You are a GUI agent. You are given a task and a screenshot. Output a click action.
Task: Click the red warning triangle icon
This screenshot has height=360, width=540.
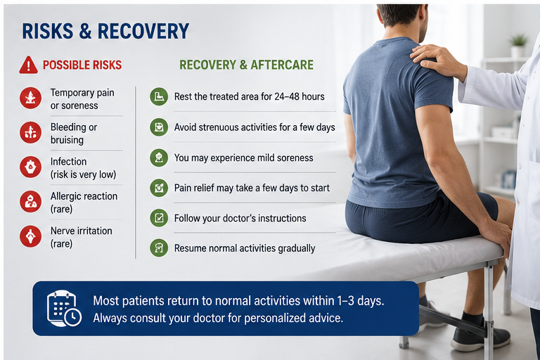click(x=28, y=65)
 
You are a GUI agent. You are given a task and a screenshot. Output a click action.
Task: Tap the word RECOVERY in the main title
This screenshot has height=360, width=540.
click(x=143, y=31)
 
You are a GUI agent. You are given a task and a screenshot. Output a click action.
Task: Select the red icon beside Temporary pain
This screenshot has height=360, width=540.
click(x=31, y=98)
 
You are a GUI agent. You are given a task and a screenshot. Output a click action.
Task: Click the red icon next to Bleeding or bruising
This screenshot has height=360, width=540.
click(x=31, y=132)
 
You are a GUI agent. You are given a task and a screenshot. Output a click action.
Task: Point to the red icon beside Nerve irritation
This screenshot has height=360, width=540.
click(x=31, y=236)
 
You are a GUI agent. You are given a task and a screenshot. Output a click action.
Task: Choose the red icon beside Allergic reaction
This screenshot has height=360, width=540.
click(x=31, y=202)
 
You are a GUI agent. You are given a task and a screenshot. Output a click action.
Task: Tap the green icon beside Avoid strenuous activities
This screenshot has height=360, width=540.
click(x=159, y=127)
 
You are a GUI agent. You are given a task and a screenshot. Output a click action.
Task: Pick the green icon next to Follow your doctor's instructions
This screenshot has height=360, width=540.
click(x=159, y=218)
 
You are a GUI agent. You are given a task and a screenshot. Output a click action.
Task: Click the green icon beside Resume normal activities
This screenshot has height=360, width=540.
click(x=159, y=248)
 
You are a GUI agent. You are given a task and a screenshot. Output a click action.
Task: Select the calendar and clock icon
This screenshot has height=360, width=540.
click(x=64, y=309)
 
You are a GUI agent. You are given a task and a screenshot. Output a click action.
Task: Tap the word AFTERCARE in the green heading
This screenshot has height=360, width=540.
click(x=282, y=65)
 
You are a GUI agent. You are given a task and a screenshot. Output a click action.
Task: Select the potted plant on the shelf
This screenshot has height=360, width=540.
click(x=519, y=45)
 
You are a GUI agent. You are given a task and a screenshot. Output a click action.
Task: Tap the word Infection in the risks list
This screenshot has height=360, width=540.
click(x=68, y=162)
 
